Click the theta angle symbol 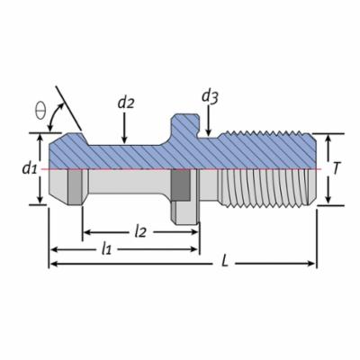coord(40,111)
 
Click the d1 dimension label coord(30,168)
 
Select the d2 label coord(126,103)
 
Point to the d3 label coord(210,96)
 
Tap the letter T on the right coord(337,168)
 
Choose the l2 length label coord(139,231)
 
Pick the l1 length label coord(106,248)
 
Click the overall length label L coord(225,262)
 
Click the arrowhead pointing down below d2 coord(125,139)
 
